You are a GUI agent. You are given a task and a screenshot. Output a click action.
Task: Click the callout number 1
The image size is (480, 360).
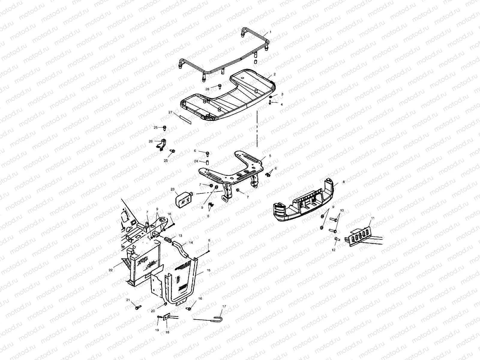pos(270,31)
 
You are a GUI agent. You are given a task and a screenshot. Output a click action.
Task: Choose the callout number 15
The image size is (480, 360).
pos(209,270)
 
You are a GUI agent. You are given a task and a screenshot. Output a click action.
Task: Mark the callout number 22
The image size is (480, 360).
pos(110,270)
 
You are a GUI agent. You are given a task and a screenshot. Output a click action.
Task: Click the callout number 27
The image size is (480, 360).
pos(170,112)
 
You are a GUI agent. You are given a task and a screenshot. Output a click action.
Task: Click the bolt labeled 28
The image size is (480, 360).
pos(219,86)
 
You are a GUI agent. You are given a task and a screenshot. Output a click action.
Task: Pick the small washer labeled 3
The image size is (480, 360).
pos(271,97)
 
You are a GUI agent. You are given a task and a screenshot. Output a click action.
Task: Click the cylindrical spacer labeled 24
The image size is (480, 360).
pos(207,163)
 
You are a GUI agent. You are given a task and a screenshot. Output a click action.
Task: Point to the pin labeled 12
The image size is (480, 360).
pos(336,239)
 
